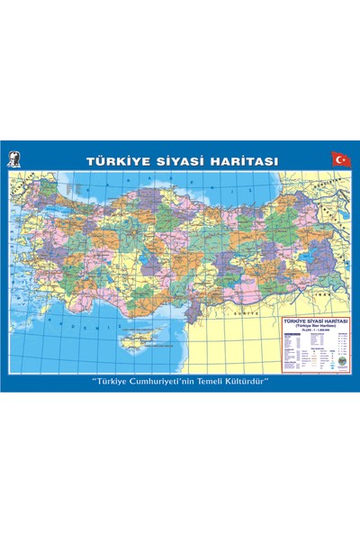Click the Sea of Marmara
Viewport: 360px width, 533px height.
click(x=58, y=209)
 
